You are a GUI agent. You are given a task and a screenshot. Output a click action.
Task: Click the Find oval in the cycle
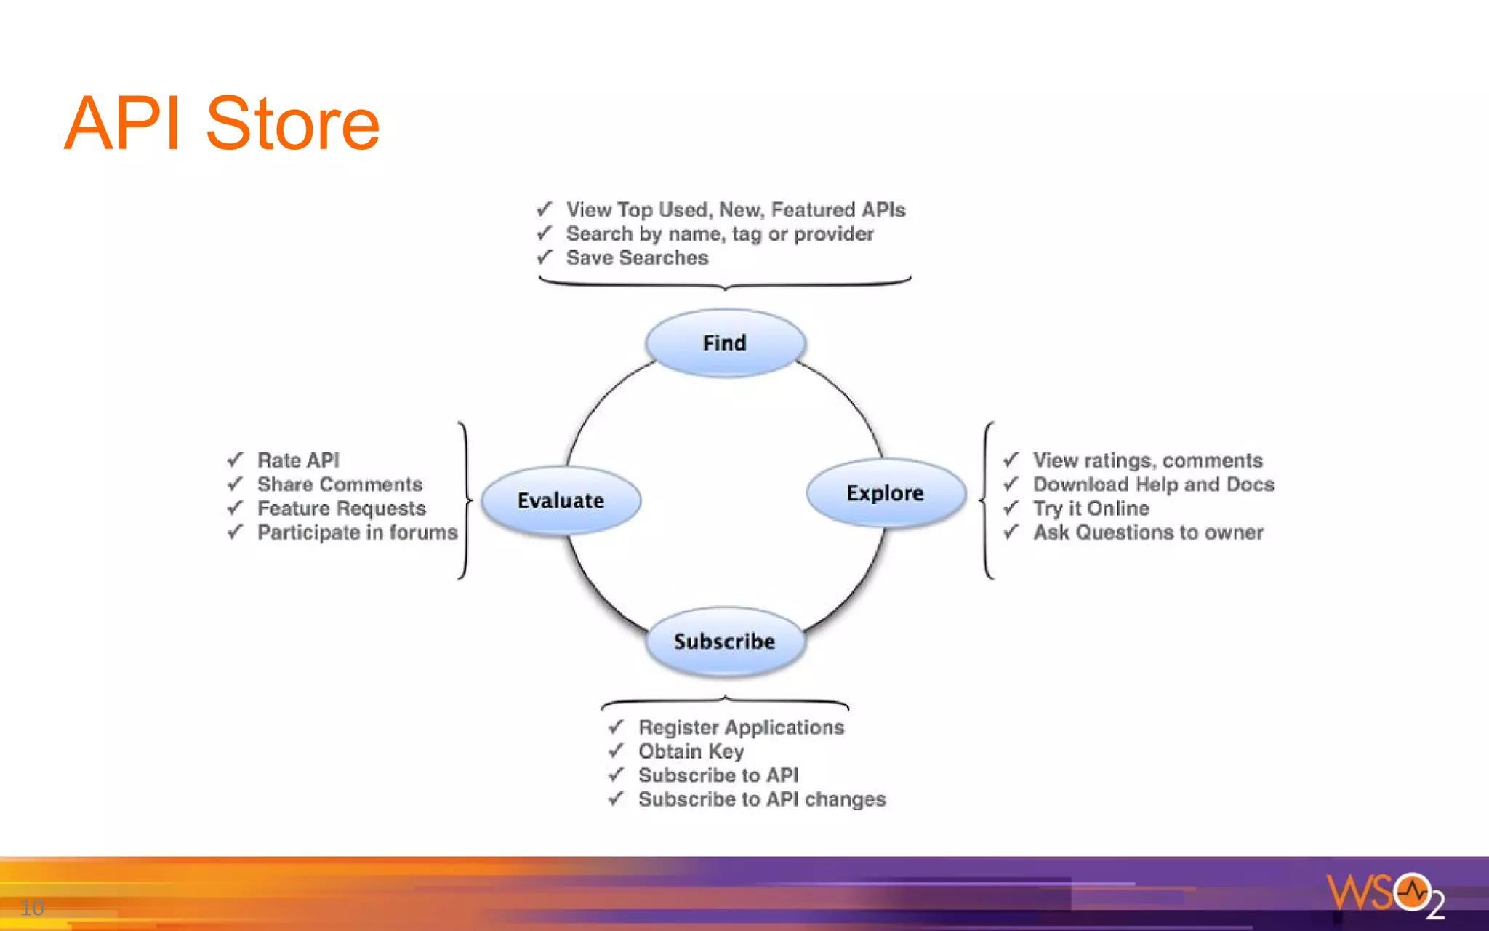coord(725,343)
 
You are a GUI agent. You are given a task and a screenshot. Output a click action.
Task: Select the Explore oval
coord(885,493)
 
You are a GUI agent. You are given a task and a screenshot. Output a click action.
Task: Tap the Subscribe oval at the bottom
coord(724,642)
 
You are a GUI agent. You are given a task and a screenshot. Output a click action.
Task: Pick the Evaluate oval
coord(561,500)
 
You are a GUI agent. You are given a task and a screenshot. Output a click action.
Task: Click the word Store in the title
coord(292,124)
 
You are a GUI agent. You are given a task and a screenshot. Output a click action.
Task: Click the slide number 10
coord(32,907)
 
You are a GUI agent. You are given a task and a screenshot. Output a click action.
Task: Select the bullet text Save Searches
coord(637,258)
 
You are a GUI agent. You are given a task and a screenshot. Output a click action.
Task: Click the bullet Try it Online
coord(1091,508)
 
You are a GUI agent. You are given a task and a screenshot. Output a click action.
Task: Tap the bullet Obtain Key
coord(691,751)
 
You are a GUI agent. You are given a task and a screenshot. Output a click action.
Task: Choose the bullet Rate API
coord(298,460)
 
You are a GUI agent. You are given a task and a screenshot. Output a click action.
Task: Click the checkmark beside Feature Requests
coord(235,508)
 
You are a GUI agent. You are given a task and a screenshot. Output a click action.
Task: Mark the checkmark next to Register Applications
coord(616,727)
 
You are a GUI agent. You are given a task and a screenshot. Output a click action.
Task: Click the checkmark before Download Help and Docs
coord(1011,484)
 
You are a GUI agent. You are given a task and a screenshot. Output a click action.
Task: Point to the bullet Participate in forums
coord(357,532)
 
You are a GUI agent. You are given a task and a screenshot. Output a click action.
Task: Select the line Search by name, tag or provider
coord(720,234)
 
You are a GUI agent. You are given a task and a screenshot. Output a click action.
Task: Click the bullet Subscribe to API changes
coord(761,799)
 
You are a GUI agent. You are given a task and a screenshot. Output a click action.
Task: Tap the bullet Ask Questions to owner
coord(1148,532)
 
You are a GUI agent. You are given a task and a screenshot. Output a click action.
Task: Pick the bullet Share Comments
coord(340,484)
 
